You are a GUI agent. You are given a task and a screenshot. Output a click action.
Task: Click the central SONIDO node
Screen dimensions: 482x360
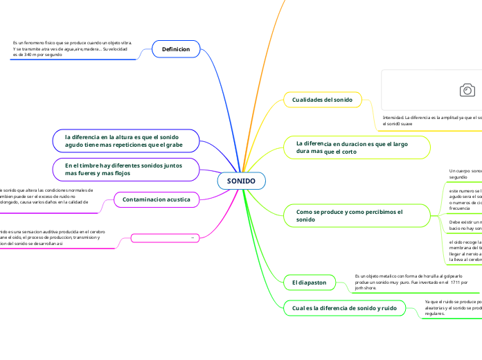point(241,181)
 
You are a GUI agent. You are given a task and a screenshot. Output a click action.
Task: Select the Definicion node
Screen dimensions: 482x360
point(175,50)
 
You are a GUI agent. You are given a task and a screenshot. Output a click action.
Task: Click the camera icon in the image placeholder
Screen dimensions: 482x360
point(467,90)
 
